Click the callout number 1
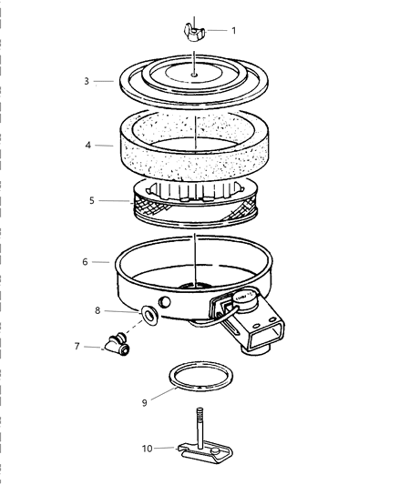233,30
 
